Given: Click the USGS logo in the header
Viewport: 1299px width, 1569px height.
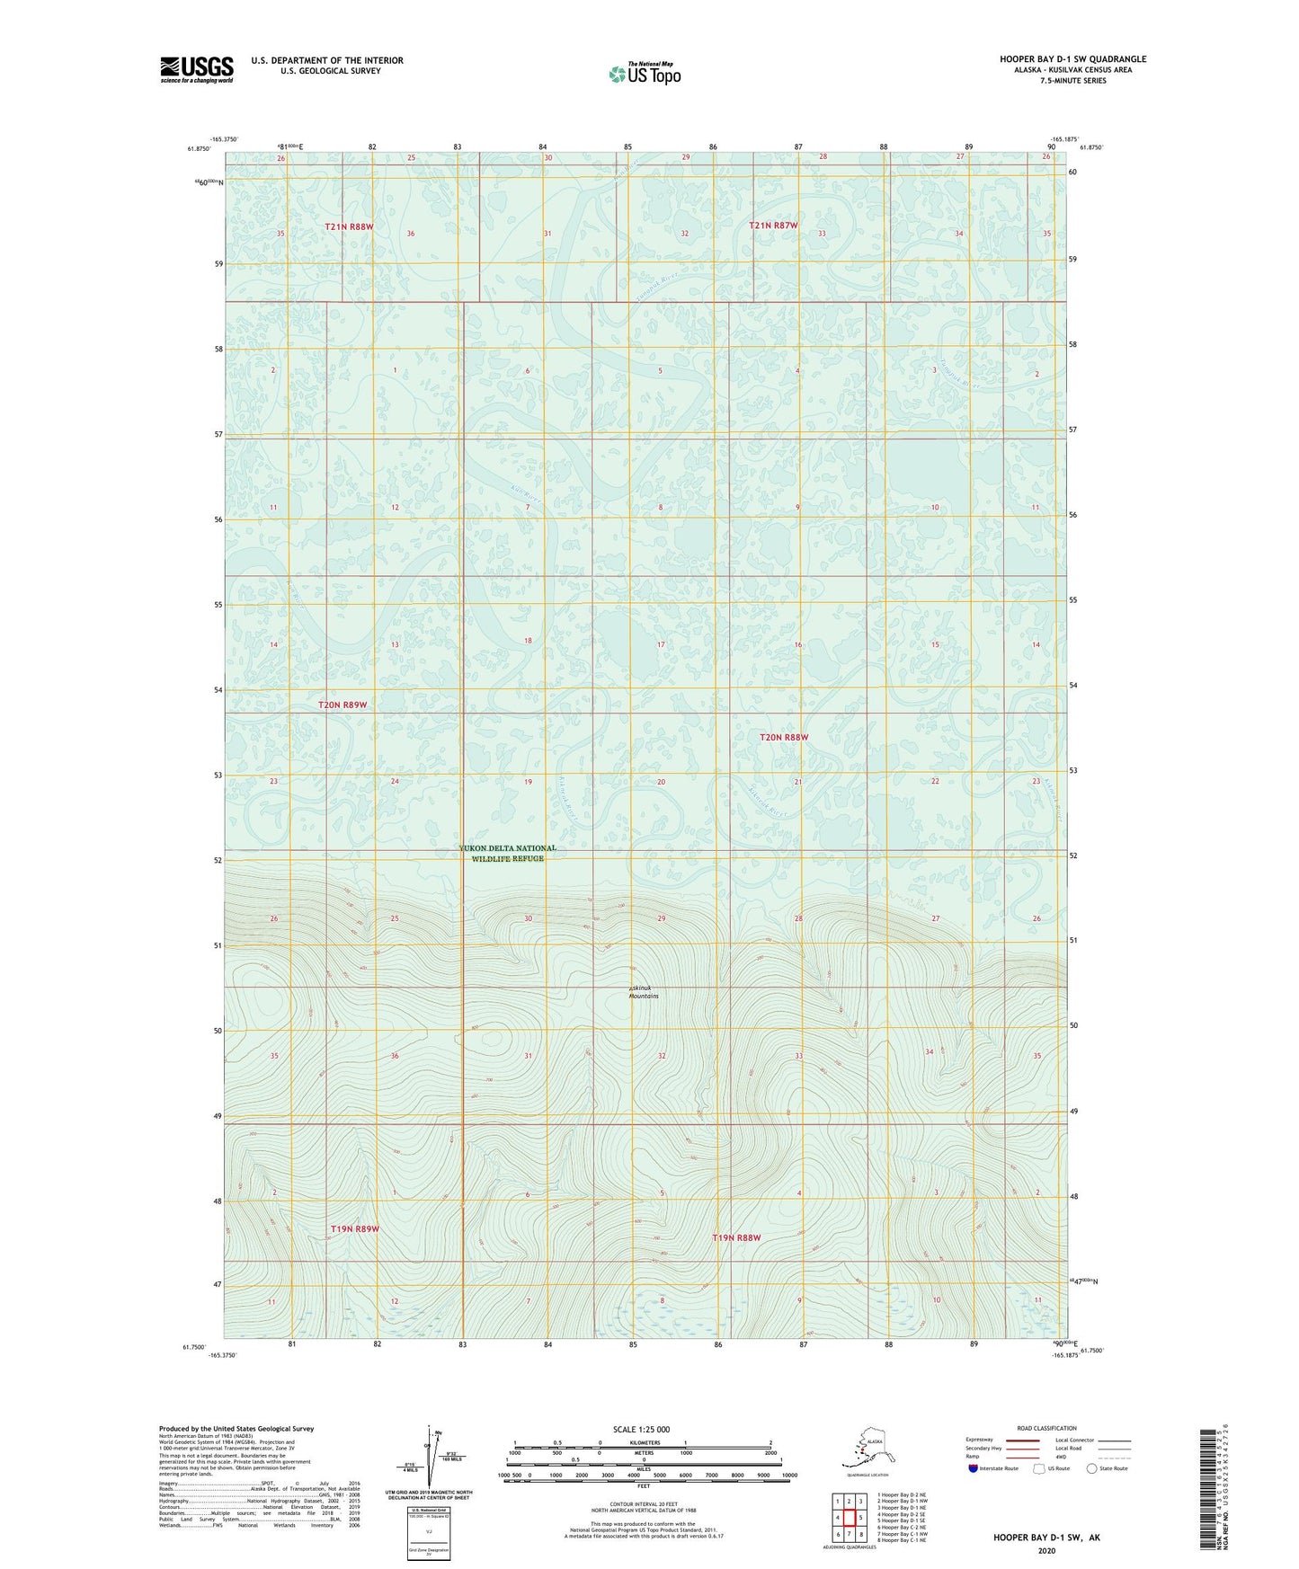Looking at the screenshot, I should point(197,69).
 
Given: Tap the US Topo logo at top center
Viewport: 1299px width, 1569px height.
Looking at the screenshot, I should point(644,74).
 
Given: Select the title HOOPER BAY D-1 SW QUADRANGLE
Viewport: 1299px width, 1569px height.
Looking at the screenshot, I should point(1072,59).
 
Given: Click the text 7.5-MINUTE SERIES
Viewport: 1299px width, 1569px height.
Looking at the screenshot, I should point(1072,81).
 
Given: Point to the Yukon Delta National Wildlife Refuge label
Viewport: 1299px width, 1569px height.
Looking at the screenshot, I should point(508,853).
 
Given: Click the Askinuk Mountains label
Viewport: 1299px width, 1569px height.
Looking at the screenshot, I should point(644,992).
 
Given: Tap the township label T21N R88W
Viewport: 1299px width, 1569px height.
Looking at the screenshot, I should point(349,227).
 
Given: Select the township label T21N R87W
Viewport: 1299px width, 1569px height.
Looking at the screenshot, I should point(773,226).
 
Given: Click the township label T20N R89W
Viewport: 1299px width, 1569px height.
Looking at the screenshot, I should point(343,705).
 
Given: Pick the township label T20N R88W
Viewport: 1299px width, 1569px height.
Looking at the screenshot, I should point(784,738).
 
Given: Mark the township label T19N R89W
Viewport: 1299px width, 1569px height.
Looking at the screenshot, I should point(354,1228).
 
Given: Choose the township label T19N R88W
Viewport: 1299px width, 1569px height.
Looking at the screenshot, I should point(736,1237).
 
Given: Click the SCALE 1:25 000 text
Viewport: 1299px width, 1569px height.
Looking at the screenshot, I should point(641,1429).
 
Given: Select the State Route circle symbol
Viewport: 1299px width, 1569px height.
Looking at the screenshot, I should point(1092,1468).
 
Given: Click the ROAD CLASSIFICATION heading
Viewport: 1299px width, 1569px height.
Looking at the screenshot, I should point(1046,1428).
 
